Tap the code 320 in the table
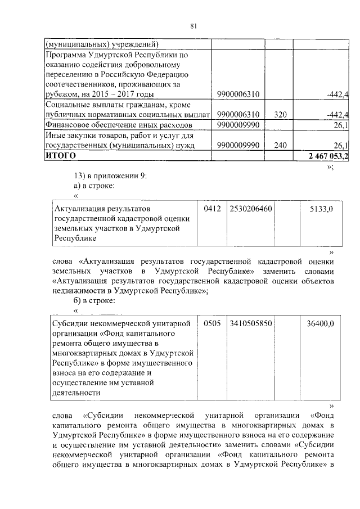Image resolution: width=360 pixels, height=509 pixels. click(281, 115)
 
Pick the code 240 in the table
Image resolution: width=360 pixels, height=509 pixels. click(281, 145)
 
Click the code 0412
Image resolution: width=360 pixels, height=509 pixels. click(212, 209)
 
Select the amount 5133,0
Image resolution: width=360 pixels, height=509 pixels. click(322, 209)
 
